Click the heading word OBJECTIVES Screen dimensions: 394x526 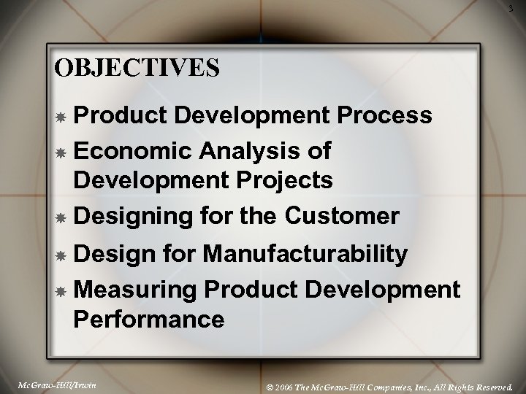pyautogui.click(x=137, y=66)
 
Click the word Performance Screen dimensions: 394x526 pyautogui.click(x=148, y=318)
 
